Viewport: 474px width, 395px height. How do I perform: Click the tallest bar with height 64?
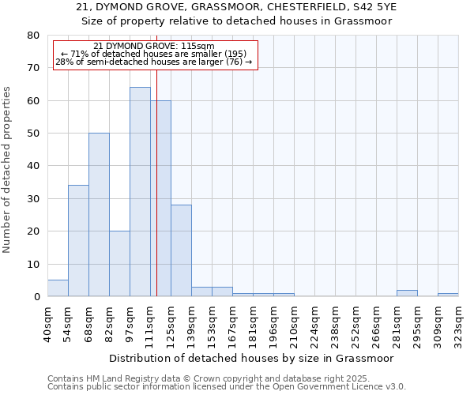(140, 192)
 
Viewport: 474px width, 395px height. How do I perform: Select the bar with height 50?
(99, 215)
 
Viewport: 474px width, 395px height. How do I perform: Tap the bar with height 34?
(78, 241)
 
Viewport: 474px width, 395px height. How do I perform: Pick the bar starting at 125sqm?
(181, 250)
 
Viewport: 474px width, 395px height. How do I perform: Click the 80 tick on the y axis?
(32, 36)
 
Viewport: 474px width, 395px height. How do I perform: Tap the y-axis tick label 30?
(32, 199)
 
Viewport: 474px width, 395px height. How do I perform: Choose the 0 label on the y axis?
(36, 297)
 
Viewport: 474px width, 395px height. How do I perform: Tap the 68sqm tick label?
(88, 322)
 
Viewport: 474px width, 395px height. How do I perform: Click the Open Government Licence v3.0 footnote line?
(227, 387)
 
